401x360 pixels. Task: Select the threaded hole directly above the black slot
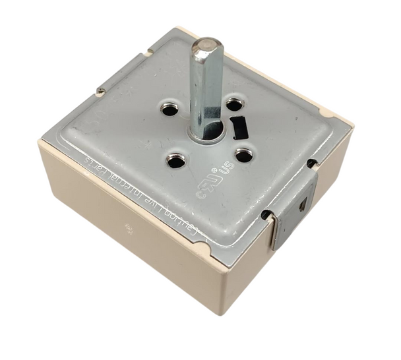tap(233, 104)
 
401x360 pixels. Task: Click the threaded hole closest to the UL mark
tap(243, 156)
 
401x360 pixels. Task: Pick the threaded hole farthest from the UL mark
tap(170, 109)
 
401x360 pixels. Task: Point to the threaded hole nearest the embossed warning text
tap(175, 160)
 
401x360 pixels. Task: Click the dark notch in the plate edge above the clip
tap(310, 162)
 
